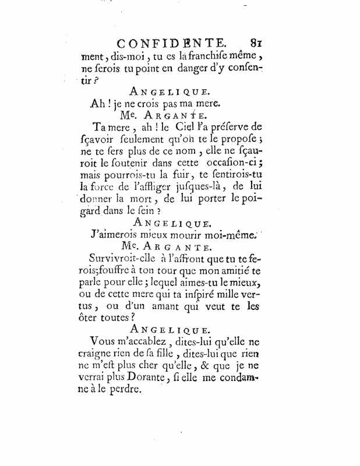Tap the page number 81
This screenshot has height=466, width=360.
[257, 43]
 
